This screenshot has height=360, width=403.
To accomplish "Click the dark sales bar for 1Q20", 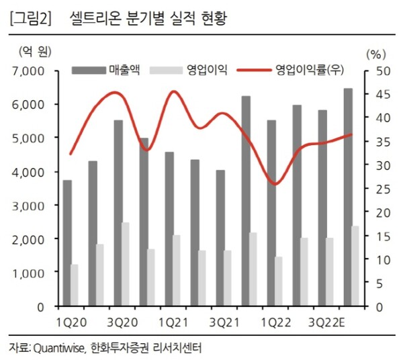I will click(67, 242).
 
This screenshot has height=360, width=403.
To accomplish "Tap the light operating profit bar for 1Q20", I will click(75, 285).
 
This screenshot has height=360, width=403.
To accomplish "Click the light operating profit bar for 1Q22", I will click(279, 281).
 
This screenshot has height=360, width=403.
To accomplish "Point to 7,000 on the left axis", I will click(27, 71).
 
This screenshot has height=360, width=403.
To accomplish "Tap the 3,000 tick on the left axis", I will click(27, 206).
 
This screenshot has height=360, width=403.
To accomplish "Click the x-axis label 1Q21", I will click(173, 321).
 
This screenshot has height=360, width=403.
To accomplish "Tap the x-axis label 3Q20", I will click(122, 321).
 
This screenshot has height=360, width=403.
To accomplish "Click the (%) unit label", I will click(375, 53).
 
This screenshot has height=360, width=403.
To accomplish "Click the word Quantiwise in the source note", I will click(58, 347).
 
